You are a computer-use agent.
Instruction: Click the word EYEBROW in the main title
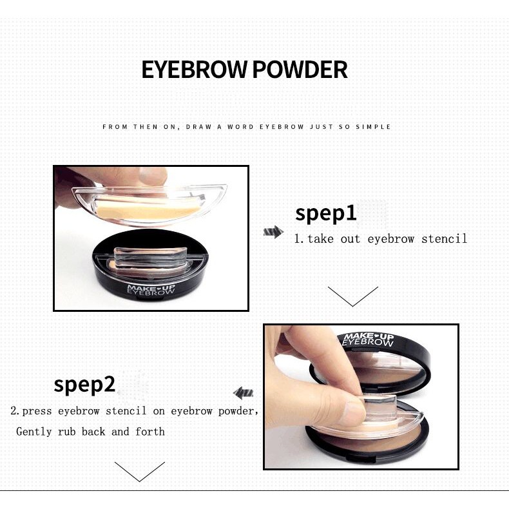click(194, 70)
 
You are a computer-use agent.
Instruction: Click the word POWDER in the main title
click(300, 70)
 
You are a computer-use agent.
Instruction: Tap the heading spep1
click(325, 214)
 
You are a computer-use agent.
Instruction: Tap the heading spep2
click(84, 385)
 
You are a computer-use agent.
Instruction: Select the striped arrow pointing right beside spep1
click(273, 232)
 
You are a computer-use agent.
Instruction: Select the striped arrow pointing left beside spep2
click(243, 393)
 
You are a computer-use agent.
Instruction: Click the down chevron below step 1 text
click(353, 296)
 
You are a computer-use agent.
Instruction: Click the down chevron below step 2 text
click(140, 472)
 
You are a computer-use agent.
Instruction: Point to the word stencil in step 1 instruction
click(444, 239)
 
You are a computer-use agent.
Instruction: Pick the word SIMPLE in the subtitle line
click(373, 126)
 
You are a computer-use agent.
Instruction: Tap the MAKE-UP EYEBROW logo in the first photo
click(151, 289)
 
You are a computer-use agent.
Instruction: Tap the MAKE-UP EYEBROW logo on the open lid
click(369, 340)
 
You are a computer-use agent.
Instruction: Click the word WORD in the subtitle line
click(240, 126)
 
